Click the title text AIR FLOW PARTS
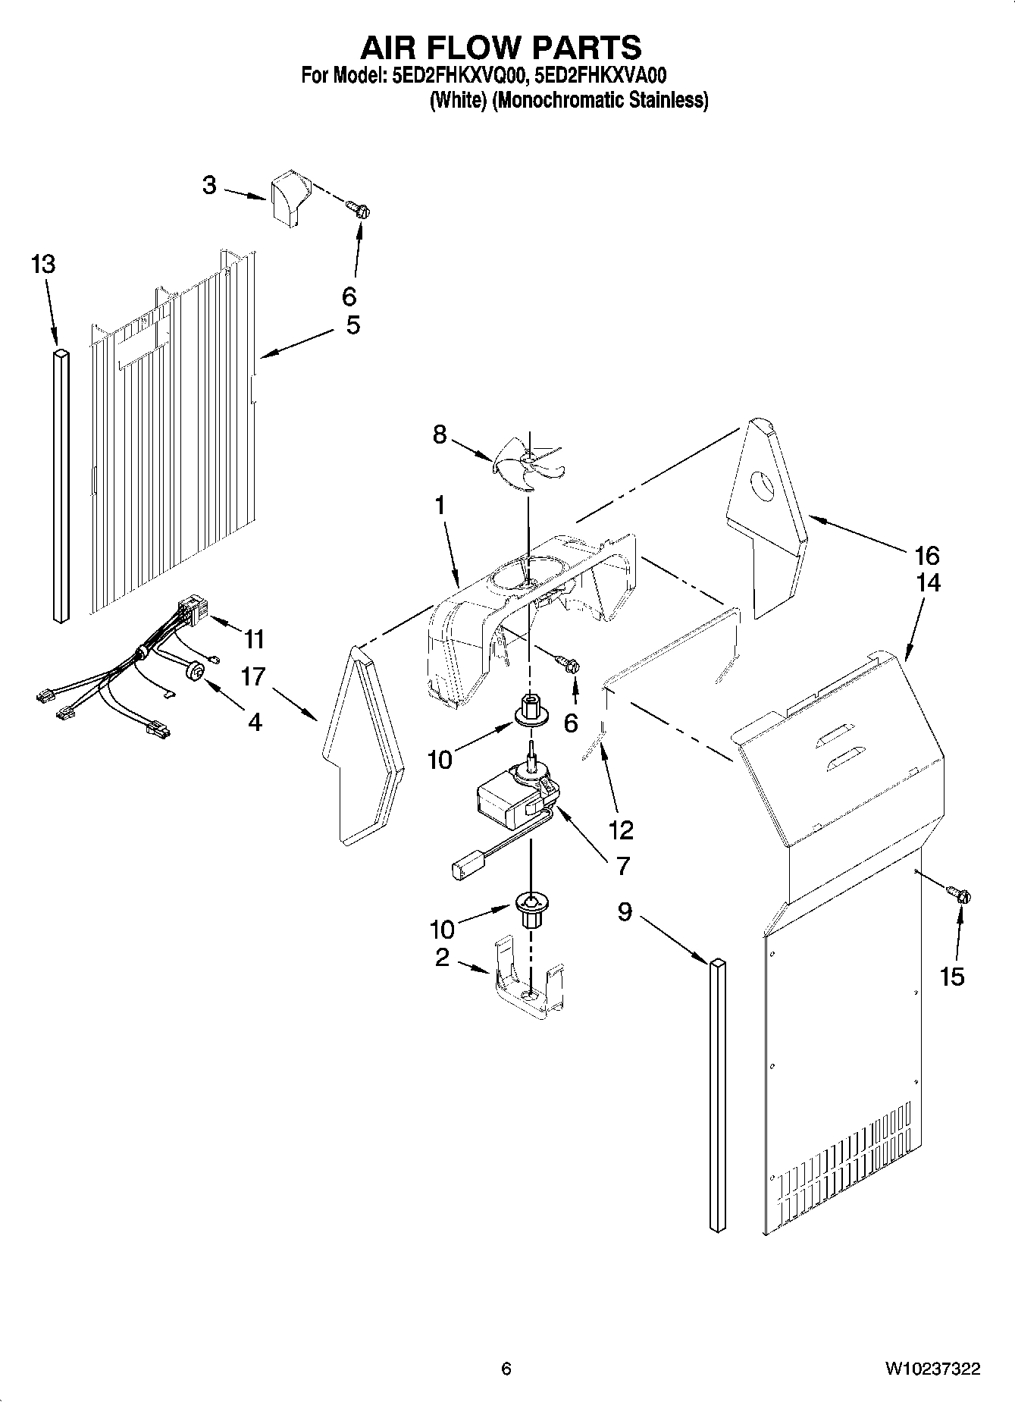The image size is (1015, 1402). pyautogui.click(x=500, y=47)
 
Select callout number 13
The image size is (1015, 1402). pyautogui.click(x=43, y=265)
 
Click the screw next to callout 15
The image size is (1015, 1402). pyautogui.click(x=960, y=895)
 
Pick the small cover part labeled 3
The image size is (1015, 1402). pyautogui.click(x=290, y=197)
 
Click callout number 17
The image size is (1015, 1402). pyautogui.click(x=254, y=676)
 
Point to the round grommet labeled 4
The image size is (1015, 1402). pyautogui.click(x=196, y=671)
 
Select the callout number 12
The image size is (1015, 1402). pyautogui.click(x=621, y=830)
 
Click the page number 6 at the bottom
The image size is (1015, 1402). pyautogui.click(x=506, y=1369)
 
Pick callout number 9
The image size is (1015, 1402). pyautogui.click(x=624, y=911)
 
